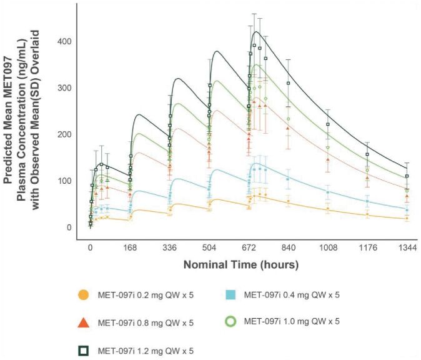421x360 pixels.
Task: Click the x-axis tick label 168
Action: click(x=130, y=247)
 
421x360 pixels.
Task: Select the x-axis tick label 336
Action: click(x=169, y=247)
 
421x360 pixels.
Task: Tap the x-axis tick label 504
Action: click(x=209, y=247)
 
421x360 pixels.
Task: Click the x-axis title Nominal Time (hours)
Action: click(x=240, y=264)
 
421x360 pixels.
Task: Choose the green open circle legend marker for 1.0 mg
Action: click(x=230, y=321)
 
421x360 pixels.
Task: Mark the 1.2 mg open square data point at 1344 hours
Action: click(x=407, y=176)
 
